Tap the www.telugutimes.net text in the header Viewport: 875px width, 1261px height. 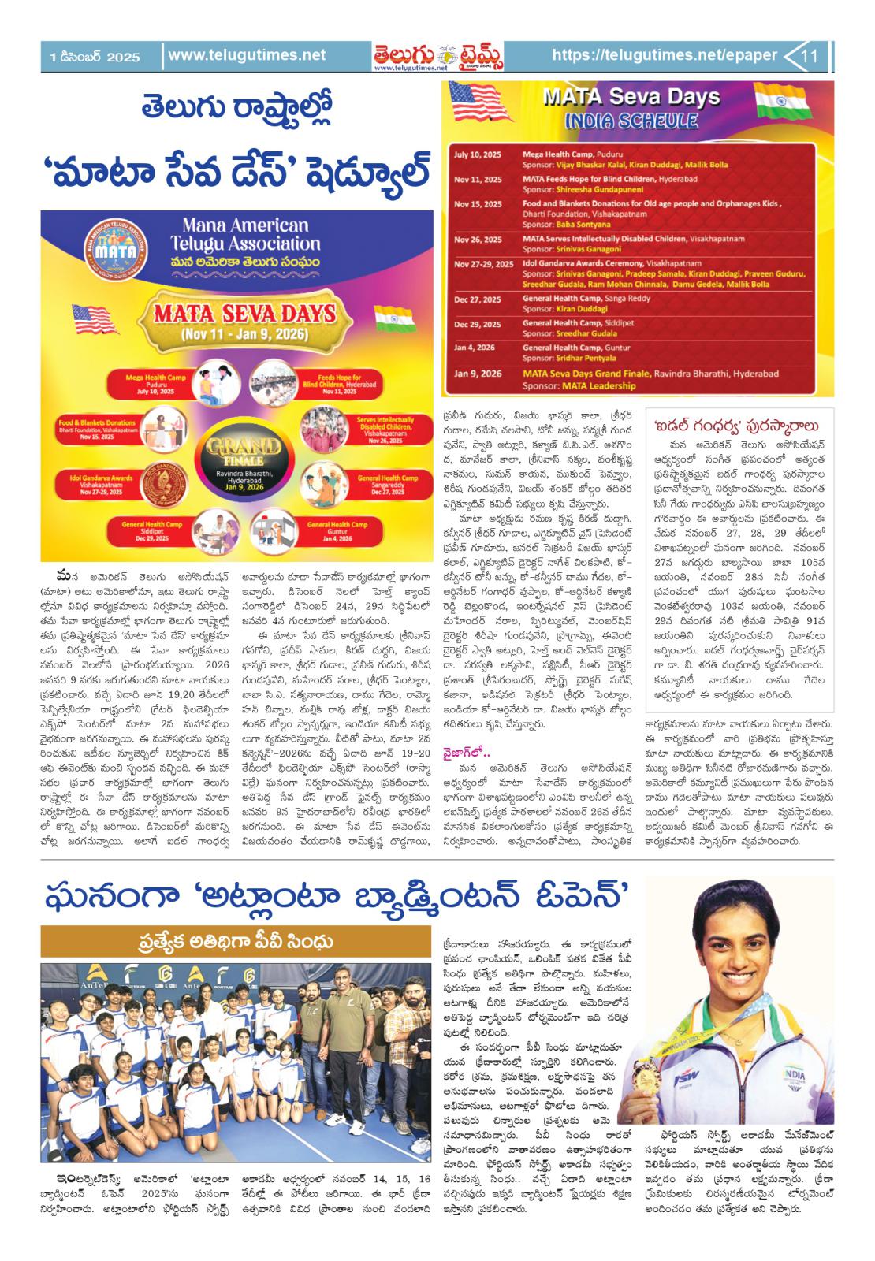(x=247, y=56)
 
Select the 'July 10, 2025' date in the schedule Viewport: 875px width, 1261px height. (x=478, y=154)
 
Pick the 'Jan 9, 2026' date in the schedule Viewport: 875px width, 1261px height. (x=478, y=373)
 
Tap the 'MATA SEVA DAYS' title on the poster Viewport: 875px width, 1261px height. (x=233, y=314)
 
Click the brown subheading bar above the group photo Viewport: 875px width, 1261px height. (x=236, y=942)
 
